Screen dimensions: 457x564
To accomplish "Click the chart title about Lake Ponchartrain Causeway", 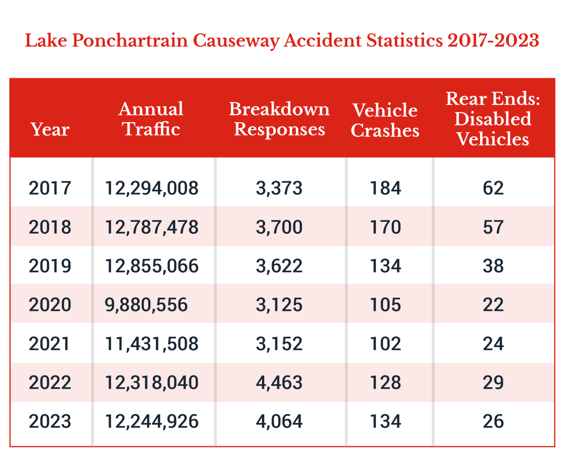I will (x=282, y=40).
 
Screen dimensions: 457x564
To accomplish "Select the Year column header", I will (x=50, y=130).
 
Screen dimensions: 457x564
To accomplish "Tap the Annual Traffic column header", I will (x=151, y=119).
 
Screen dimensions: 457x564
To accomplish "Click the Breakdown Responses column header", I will (x=279, y=119).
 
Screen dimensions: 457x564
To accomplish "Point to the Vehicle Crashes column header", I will (x=385, y=120).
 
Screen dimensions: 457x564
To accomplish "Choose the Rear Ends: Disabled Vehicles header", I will (x=493, y=119).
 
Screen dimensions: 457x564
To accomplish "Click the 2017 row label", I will (x=50, y=188).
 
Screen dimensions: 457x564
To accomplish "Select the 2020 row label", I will (x=50, y=305).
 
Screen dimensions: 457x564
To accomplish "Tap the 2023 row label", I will (x=50, y=421).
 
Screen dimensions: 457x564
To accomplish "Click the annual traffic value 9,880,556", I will (x=146, y=305).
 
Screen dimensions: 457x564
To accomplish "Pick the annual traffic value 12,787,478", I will (x=152, y=227).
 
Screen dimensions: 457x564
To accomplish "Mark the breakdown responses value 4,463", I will (x=279, y=382).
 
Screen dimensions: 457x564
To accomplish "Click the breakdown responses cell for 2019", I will (x=279, y=266).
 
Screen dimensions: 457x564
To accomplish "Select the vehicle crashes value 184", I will (x=386, y=188).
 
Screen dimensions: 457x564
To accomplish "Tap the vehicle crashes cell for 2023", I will (x=386, y=421).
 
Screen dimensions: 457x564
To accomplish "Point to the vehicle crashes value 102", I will (x=386, y=344).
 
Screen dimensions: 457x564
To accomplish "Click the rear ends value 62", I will (x=493, y=188).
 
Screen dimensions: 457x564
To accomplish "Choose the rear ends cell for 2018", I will (x=493, y=227).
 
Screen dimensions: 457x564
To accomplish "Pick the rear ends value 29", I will (x=493, y=382).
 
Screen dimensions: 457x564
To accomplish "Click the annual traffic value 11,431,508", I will (x=152, y=344).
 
